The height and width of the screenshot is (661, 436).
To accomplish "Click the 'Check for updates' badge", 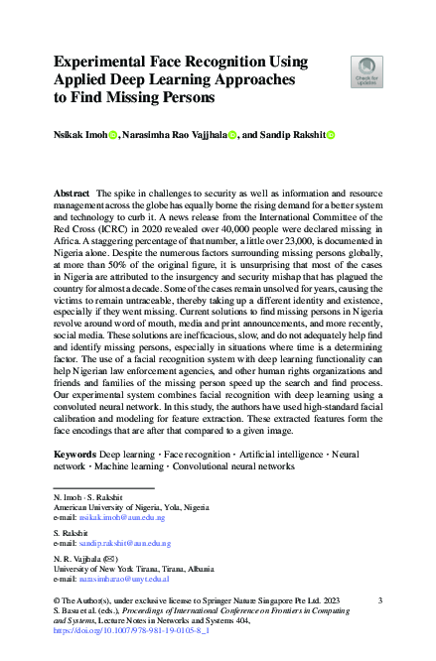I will click(365, 71).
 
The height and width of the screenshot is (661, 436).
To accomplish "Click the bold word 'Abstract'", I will click(73, 190).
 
